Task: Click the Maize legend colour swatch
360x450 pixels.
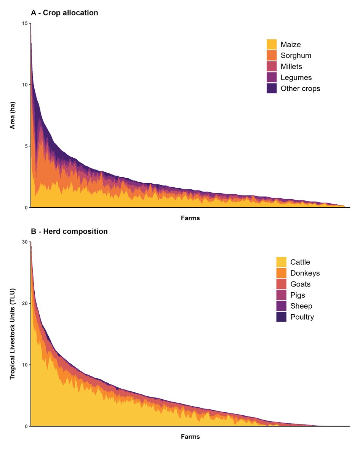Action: pyautogui.click(x=271, y=45)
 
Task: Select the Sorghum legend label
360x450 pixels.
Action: pyautogui.click(x=296, y=55)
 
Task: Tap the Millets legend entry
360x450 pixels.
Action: pyautogui.click(x=291, y=67)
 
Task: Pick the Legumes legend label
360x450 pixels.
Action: pyautogui.click(x=296, y=77)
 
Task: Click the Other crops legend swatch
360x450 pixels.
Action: pyautogui.click(x=271, y=88)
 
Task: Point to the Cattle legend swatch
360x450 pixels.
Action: pyautogui.click(x=281, y=262)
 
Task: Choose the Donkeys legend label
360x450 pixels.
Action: pyautogui.click(x=305, y=273)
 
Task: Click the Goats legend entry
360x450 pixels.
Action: pyautogui.click(x=300, y=284)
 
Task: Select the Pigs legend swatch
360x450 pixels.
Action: pyautogui.click(x=281, y=295)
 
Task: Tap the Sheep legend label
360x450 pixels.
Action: pyautogui.click(x=301, y=306)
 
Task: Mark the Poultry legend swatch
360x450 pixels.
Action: pyautogui.click(x=281, y=317)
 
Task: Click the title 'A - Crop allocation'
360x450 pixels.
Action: pyautogui.click(x=64, y=13)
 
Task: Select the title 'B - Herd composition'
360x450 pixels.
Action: pyautogui.click(x=69, y=231)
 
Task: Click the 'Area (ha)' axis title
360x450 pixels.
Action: pyautogui.click(x=12, y=115)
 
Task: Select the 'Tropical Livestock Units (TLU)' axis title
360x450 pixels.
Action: pyautogui.click(x=12, y=334)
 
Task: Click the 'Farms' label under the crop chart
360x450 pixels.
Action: pyautogui.click(x=190, y=218)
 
